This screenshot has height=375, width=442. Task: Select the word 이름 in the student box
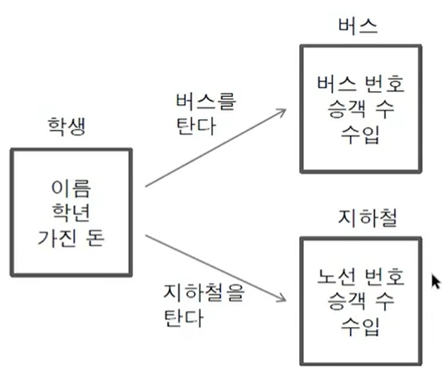(x=71, y=189)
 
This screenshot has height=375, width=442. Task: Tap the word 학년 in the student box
(x=71, y=213)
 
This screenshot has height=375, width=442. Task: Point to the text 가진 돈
(x=71, y=236)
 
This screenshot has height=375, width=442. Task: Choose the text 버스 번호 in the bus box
(x=360, y=85)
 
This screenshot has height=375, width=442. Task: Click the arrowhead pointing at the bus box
(x=283, y=112)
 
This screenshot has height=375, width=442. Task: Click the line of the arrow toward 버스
(x=215, y=148)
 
